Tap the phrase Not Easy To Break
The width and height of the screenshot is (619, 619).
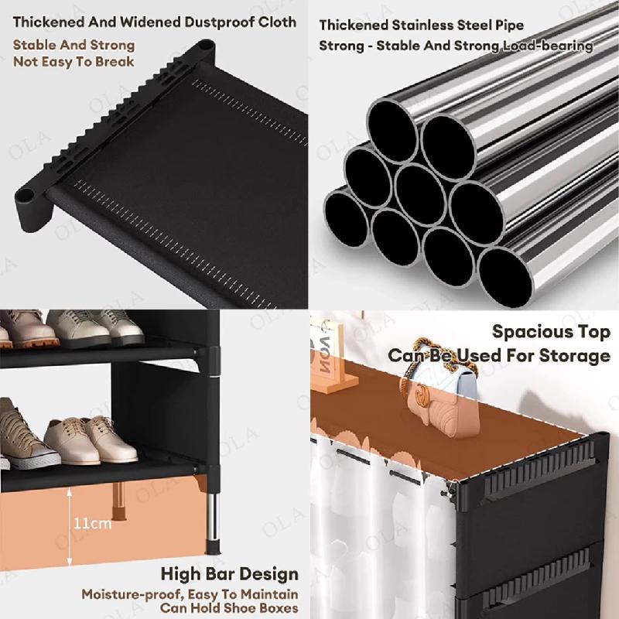[74, 62]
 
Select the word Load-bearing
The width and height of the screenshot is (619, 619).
[548, 46]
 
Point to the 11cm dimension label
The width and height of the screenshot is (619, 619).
[92, 524]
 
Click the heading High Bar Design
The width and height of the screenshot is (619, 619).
[229, 574]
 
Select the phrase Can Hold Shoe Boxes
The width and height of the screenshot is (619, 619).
[229, 608]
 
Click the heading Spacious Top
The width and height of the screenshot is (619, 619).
[551, 332]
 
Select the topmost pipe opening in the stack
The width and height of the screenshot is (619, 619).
[393, 131]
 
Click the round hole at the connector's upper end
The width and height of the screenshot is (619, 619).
[204, 45]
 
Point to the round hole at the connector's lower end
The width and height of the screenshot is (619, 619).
[25, 195]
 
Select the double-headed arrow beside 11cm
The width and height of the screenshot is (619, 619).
[70, 527]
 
